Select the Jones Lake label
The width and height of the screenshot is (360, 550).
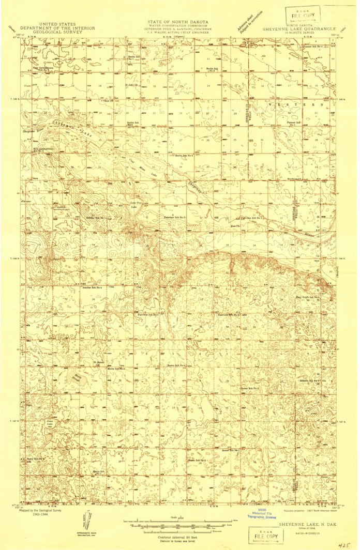(50, 423)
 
